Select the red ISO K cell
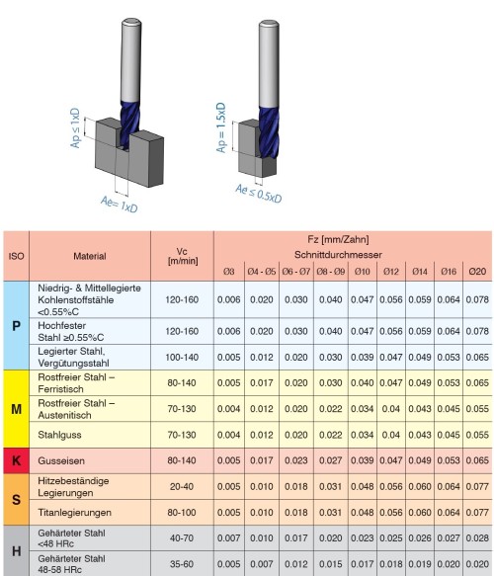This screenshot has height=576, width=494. click(15, 459)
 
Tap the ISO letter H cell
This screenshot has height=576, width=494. click(15, 551)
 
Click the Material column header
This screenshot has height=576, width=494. click(90, 254)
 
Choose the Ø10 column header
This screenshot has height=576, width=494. click(363, 270)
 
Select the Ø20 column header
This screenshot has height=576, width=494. click(476, 270)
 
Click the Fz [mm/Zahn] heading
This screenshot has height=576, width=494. click(352, 239)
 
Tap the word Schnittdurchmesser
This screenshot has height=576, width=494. click(352, 253)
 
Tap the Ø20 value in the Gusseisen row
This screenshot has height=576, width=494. click(476, 459)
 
